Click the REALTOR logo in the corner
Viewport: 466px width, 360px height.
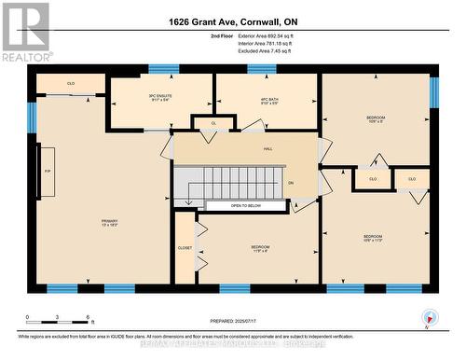[25, 31]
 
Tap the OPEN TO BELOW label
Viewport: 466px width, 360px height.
[246, 205]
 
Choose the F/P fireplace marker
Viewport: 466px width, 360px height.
[47, 172]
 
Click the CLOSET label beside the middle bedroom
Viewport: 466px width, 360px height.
[185, 248]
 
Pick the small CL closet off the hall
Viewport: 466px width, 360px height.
[213, 122]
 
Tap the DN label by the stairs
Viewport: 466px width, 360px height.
[291, 183]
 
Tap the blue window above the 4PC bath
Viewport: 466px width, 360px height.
[262, 68]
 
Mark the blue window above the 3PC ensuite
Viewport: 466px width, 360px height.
[164, 68]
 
